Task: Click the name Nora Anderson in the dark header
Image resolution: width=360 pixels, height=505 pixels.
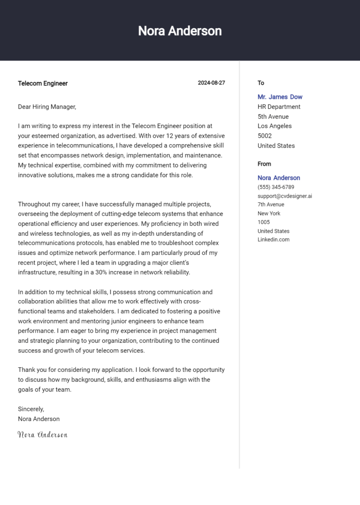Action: [x=180, y=31]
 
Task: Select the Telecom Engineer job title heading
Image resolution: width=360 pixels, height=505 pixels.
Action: [x=43, y=83]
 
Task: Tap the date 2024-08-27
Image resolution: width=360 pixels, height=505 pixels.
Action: [x=211, y=83]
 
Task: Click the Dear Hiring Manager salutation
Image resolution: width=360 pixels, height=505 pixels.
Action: [x=47, y=107]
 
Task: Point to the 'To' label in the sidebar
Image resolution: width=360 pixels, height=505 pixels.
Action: [x=261, y=83]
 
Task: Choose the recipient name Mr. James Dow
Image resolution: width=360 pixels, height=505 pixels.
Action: [x=280, y=97]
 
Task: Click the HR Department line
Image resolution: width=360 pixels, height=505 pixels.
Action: [x=279, y=107]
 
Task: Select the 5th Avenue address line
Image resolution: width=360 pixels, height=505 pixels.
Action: [x=273, y=117]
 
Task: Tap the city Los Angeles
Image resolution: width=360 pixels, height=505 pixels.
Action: [x=274, y=126]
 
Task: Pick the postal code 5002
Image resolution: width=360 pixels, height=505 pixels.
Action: [x=264, y=136]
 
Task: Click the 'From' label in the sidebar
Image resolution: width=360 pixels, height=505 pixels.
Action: [x=264, y=164]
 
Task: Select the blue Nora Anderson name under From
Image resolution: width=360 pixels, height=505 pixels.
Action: [x=278, y=178]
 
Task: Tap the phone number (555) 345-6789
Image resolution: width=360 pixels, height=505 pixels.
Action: [x=276, y=187]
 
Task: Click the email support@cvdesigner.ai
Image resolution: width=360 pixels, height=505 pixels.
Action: [x=285, y=196]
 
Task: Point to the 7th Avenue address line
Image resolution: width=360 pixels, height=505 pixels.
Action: [x=270, y=205]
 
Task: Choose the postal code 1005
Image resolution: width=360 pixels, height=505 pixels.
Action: [x=263, y=222]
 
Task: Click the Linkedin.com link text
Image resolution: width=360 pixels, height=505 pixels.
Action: [x=273, y=239]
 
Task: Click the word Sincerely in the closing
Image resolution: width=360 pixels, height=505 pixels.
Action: [x=31, y=409]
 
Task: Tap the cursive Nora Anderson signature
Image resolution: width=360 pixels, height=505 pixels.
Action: [x=43, y=435]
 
